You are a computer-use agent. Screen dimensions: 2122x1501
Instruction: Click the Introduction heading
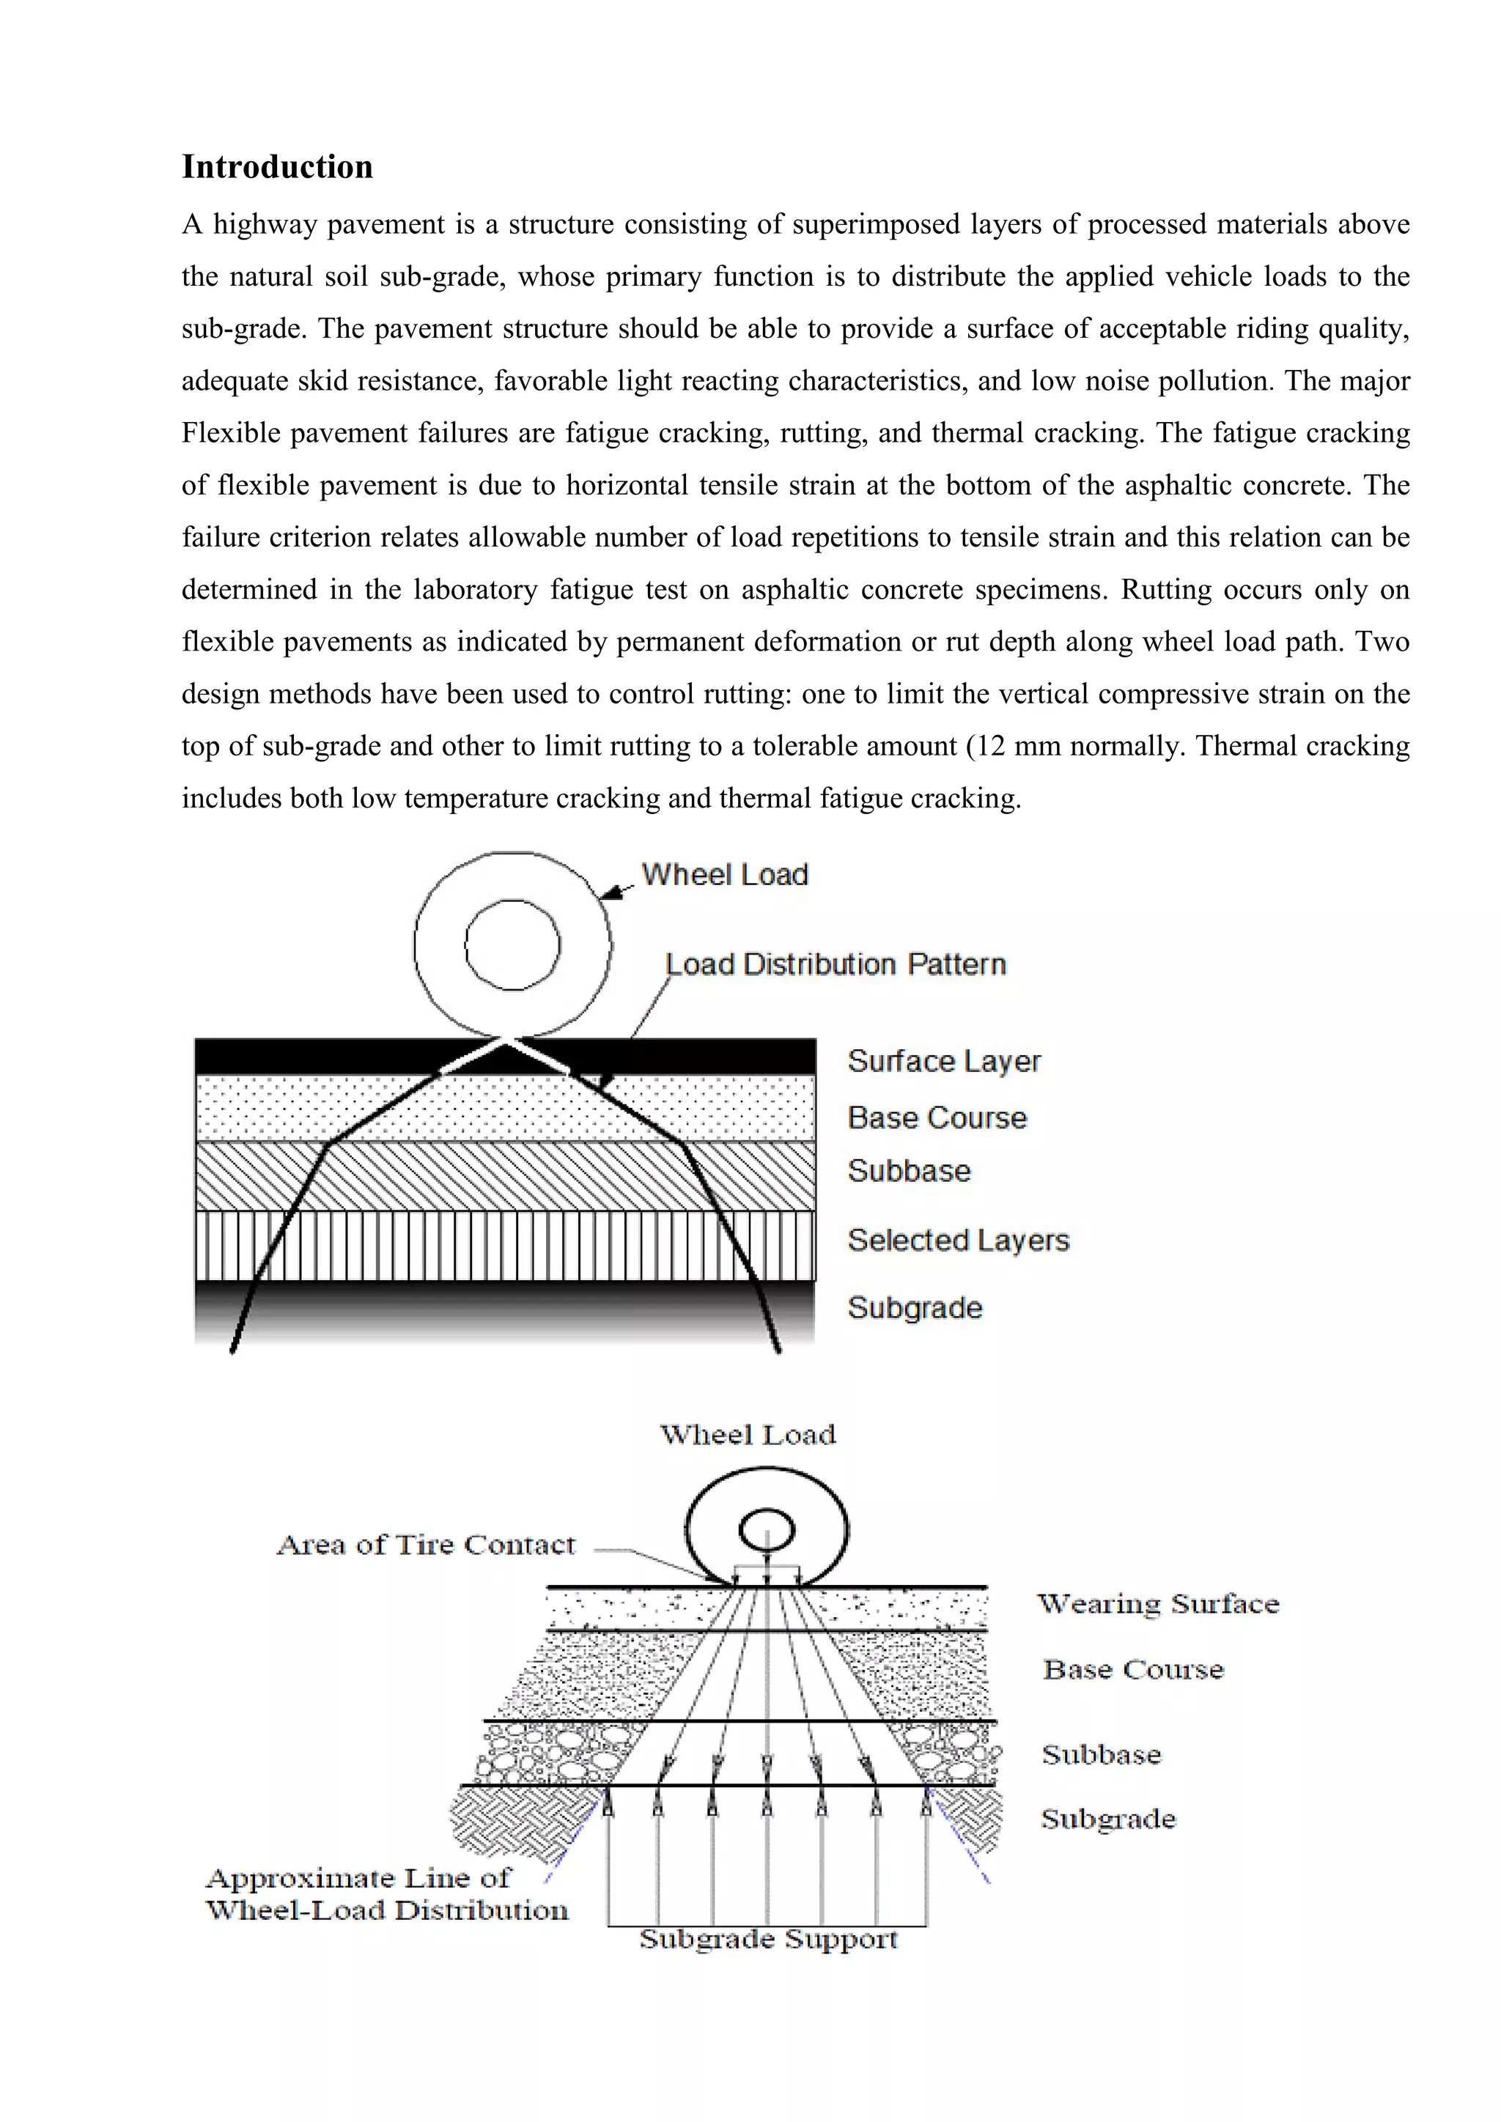[277, 167]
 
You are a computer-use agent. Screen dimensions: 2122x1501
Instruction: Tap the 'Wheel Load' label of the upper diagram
[725, 874]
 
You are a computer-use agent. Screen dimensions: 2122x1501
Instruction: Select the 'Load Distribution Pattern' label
[836, 964]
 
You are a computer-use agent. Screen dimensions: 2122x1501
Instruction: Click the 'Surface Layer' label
[944, 1061]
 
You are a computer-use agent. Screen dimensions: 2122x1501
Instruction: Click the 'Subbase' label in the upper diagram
[909, 1171]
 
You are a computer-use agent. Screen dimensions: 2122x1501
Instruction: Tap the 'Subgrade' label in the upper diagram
[914, 1308]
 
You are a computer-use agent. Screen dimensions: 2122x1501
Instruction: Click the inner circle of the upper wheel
[512, 944]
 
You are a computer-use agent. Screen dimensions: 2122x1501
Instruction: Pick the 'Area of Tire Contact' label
[426, 1545]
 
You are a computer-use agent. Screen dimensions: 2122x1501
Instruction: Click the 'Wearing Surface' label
[1158, 1603]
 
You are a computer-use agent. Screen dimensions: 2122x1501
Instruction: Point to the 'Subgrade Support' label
[768, 1938]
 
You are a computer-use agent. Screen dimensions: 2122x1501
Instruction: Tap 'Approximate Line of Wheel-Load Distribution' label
[386, 1893]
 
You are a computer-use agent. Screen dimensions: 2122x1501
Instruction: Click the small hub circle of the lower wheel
[766, 1529]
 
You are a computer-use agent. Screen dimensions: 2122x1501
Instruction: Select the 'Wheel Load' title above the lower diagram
[748, 1435]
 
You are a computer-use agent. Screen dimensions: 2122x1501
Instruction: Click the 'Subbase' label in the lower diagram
[1101, 1754]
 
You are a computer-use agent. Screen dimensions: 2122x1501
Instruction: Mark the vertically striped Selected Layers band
[369, 1246]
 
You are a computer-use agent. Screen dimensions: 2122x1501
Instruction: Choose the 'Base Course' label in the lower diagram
[1133, 1669]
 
